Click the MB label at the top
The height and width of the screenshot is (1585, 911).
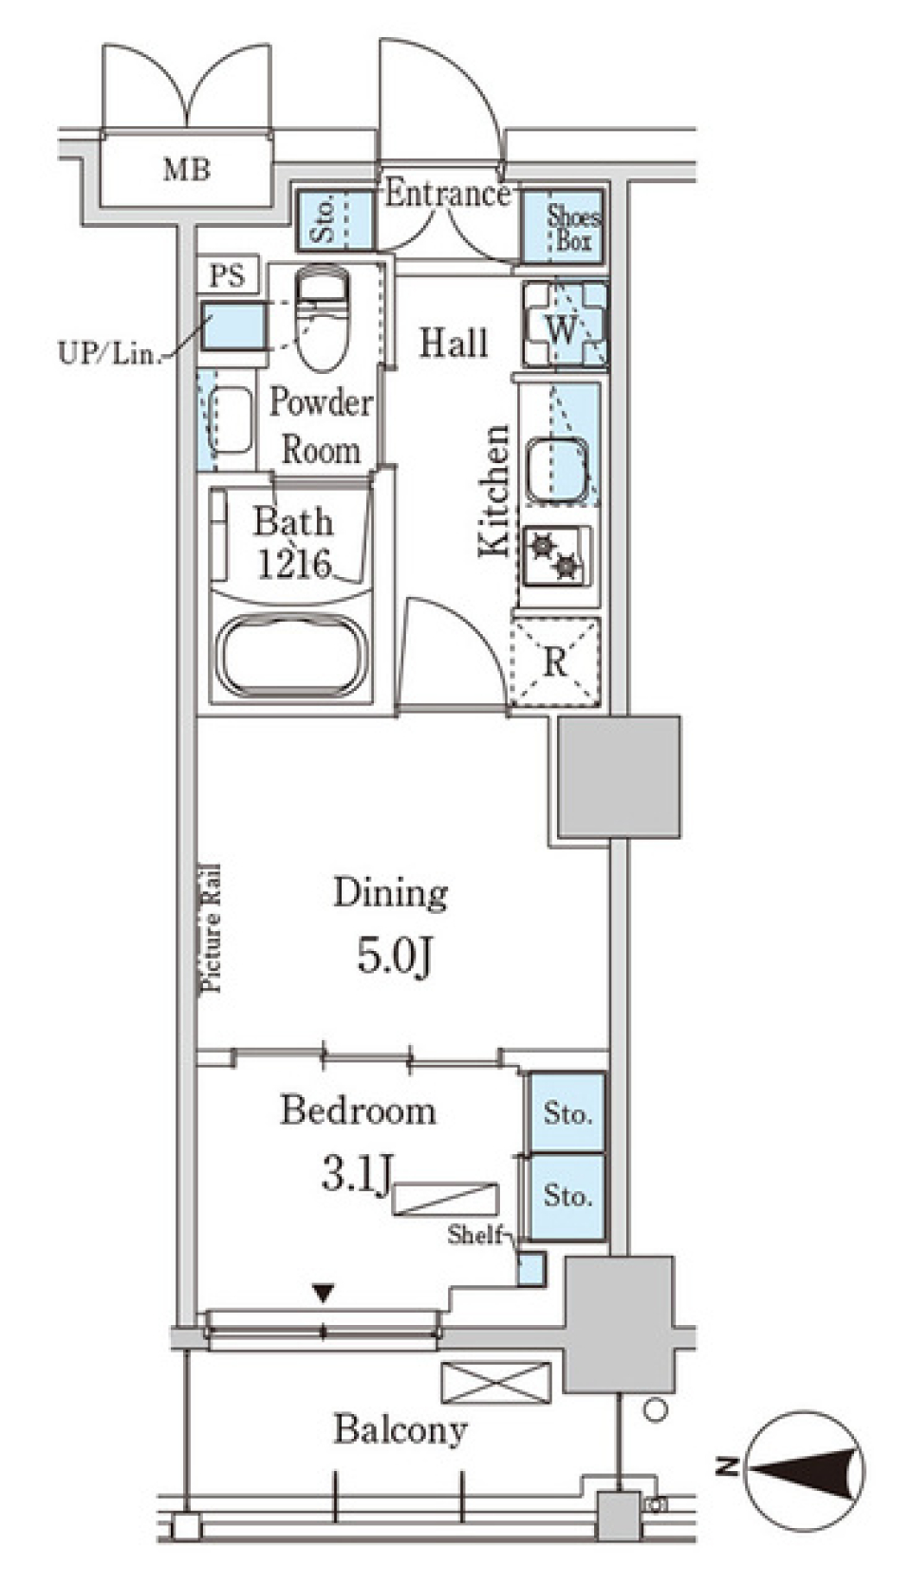coord(186,171)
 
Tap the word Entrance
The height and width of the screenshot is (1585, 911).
coord(447,195)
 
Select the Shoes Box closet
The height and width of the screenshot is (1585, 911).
coord(571,228)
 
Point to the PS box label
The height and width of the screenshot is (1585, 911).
coord(228,276)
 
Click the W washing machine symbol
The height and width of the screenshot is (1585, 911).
coord(563,328)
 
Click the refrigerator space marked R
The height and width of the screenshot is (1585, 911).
coord(555,662)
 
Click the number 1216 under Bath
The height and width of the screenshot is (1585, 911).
coord(294,565)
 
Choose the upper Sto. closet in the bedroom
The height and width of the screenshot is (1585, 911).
coord(567,1112)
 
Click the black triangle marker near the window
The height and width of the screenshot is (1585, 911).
coord(325,1292)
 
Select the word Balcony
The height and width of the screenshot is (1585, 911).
coord(400,1429)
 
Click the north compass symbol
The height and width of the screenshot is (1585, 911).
coord(807,1470)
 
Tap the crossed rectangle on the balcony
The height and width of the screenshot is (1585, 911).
coord(495,1383)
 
